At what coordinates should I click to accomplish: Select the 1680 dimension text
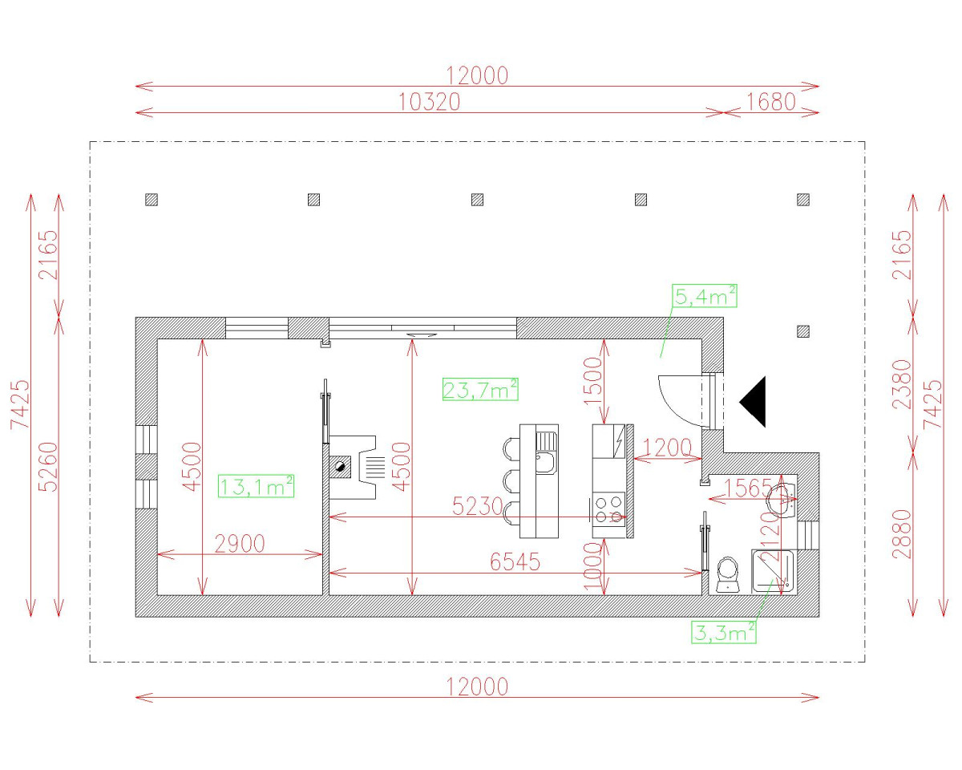click(x=770, y=102)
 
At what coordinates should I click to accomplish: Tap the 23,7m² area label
click(x=480, y=390)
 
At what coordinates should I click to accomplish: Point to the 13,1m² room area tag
click(x=257, y=485)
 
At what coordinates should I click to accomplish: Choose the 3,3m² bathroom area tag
click(x=724, y=632)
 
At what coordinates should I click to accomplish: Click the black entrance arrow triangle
click(x=754, y=401)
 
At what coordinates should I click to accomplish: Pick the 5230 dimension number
click(x=477, y=506)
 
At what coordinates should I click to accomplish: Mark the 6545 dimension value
click(x=515, y=562)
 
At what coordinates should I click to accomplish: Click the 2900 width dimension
click(x=240, y=544)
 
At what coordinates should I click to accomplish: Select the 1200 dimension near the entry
click(x=666, y=448)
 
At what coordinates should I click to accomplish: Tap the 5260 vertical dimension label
click(x=48, y=467)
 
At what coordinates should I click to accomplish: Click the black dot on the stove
click(x=341, y=465)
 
